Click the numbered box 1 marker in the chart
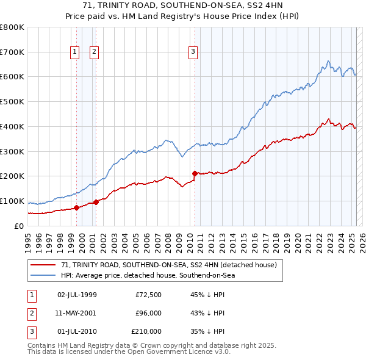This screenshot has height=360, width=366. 74,52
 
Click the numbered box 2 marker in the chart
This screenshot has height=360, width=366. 95,52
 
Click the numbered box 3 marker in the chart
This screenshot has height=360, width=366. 193,52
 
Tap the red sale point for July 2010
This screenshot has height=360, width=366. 195,173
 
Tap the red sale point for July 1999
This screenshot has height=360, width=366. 76,207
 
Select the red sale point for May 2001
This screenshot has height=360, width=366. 96,202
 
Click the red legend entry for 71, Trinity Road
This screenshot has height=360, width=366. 169,265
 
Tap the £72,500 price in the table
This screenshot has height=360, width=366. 148,295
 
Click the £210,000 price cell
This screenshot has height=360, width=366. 146,331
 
